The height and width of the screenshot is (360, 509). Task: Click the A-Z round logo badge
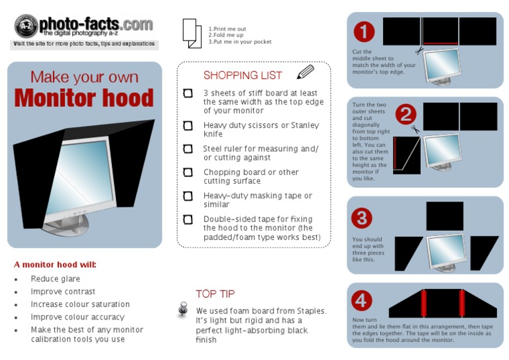pos(26,26)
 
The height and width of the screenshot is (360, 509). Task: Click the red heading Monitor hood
pos(84,97)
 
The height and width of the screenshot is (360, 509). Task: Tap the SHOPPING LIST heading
pos(242,76)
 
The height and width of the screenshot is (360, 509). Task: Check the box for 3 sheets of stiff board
pos(188,93)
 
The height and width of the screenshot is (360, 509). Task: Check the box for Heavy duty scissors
pos(188,125)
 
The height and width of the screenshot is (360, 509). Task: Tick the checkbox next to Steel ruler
pos(188,149)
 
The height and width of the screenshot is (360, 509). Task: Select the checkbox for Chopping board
pos(188,172)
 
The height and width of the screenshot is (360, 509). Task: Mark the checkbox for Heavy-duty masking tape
pos(188,196)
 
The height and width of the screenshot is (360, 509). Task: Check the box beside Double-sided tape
pos(188,219)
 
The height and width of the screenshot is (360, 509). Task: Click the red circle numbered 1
pos(364,32)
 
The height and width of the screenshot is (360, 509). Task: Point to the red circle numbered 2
pos(405,115)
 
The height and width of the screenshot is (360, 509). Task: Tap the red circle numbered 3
pos(361,218)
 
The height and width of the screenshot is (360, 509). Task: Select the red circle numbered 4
pos(361,300)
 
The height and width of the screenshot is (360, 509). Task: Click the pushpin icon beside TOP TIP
pos(184,310)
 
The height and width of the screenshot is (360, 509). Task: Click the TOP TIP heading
pos(215,294)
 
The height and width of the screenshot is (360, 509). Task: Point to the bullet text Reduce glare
pos(55,279)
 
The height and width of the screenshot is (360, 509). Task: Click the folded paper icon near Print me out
pos(192,32)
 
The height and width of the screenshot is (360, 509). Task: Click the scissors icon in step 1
pos(419,50)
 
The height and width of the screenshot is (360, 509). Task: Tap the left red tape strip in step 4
pos(422,304)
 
